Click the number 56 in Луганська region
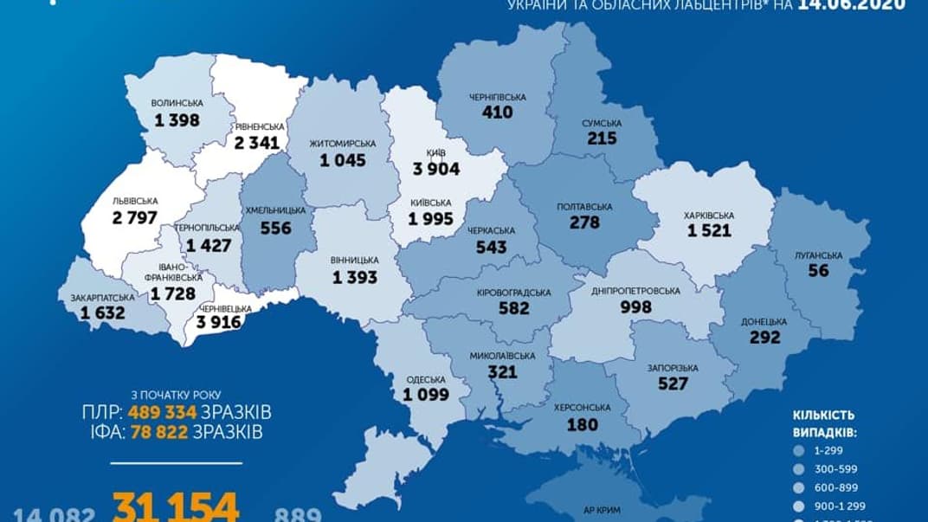point(818,270)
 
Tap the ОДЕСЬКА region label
point(424,378)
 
